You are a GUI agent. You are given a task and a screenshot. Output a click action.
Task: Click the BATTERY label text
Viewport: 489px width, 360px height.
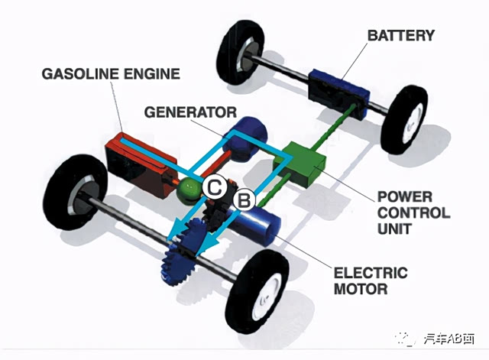point(400,36)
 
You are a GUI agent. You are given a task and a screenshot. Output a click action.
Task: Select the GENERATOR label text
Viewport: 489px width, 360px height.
point(190,112)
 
